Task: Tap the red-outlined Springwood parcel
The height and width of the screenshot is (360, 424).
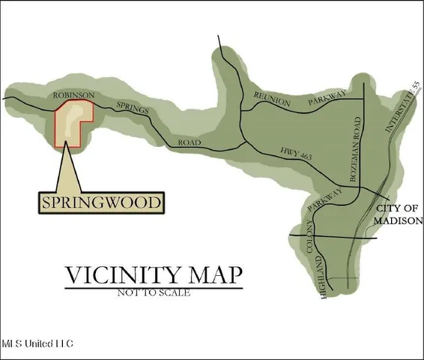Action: point(72,121)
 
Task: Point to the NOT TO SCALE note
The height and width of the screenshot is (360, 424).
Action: point(154,292)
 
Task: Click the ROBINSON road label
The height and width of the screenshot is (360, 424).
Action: point(73,95)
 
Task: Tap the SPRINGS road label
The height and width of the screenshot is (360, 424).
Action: point(133,110)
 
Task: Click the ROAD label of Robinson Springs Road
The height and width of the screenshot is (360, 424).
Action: point(190,142)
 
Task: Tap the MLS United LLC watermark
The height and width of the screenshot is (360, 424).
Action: point(37,343)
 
